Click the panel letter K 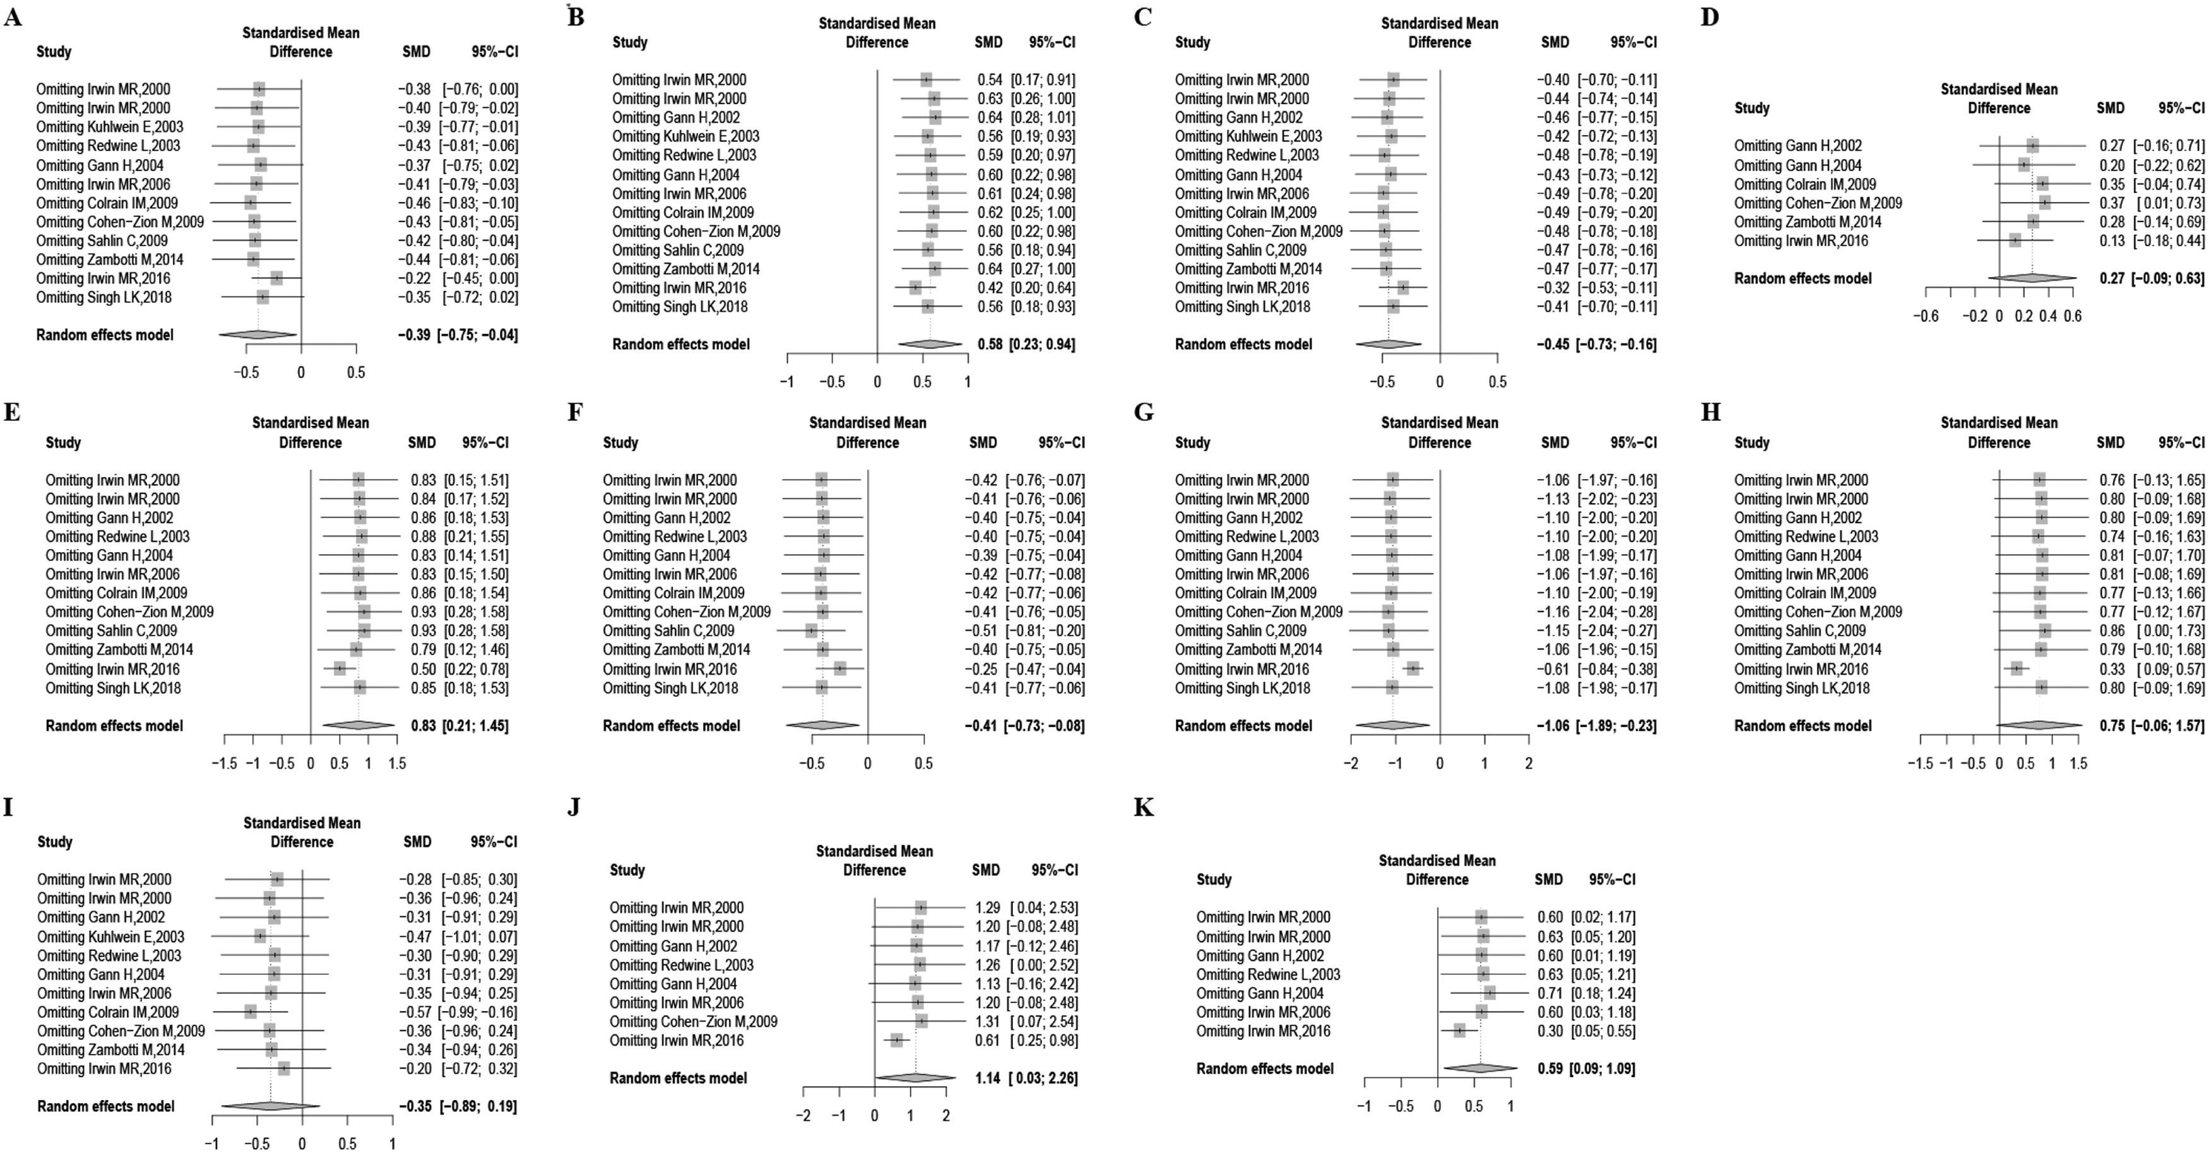[x=1143, y=808]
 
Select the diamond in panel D [x=2032, y=278]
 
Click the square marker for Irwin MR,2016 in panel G [x=1412, y=669]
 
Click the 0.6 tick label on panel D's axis [x=2073, y=316]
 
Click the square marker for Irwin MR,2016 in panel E [x=340, y=669]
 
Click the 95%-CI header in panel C [x=1633, y=42]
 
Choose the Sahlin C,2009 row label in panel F [x=668, y=631]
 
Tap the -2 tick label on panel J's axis [x=803, y=1115]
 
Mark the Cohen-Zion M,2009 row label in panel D [x=1818, y=203]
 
